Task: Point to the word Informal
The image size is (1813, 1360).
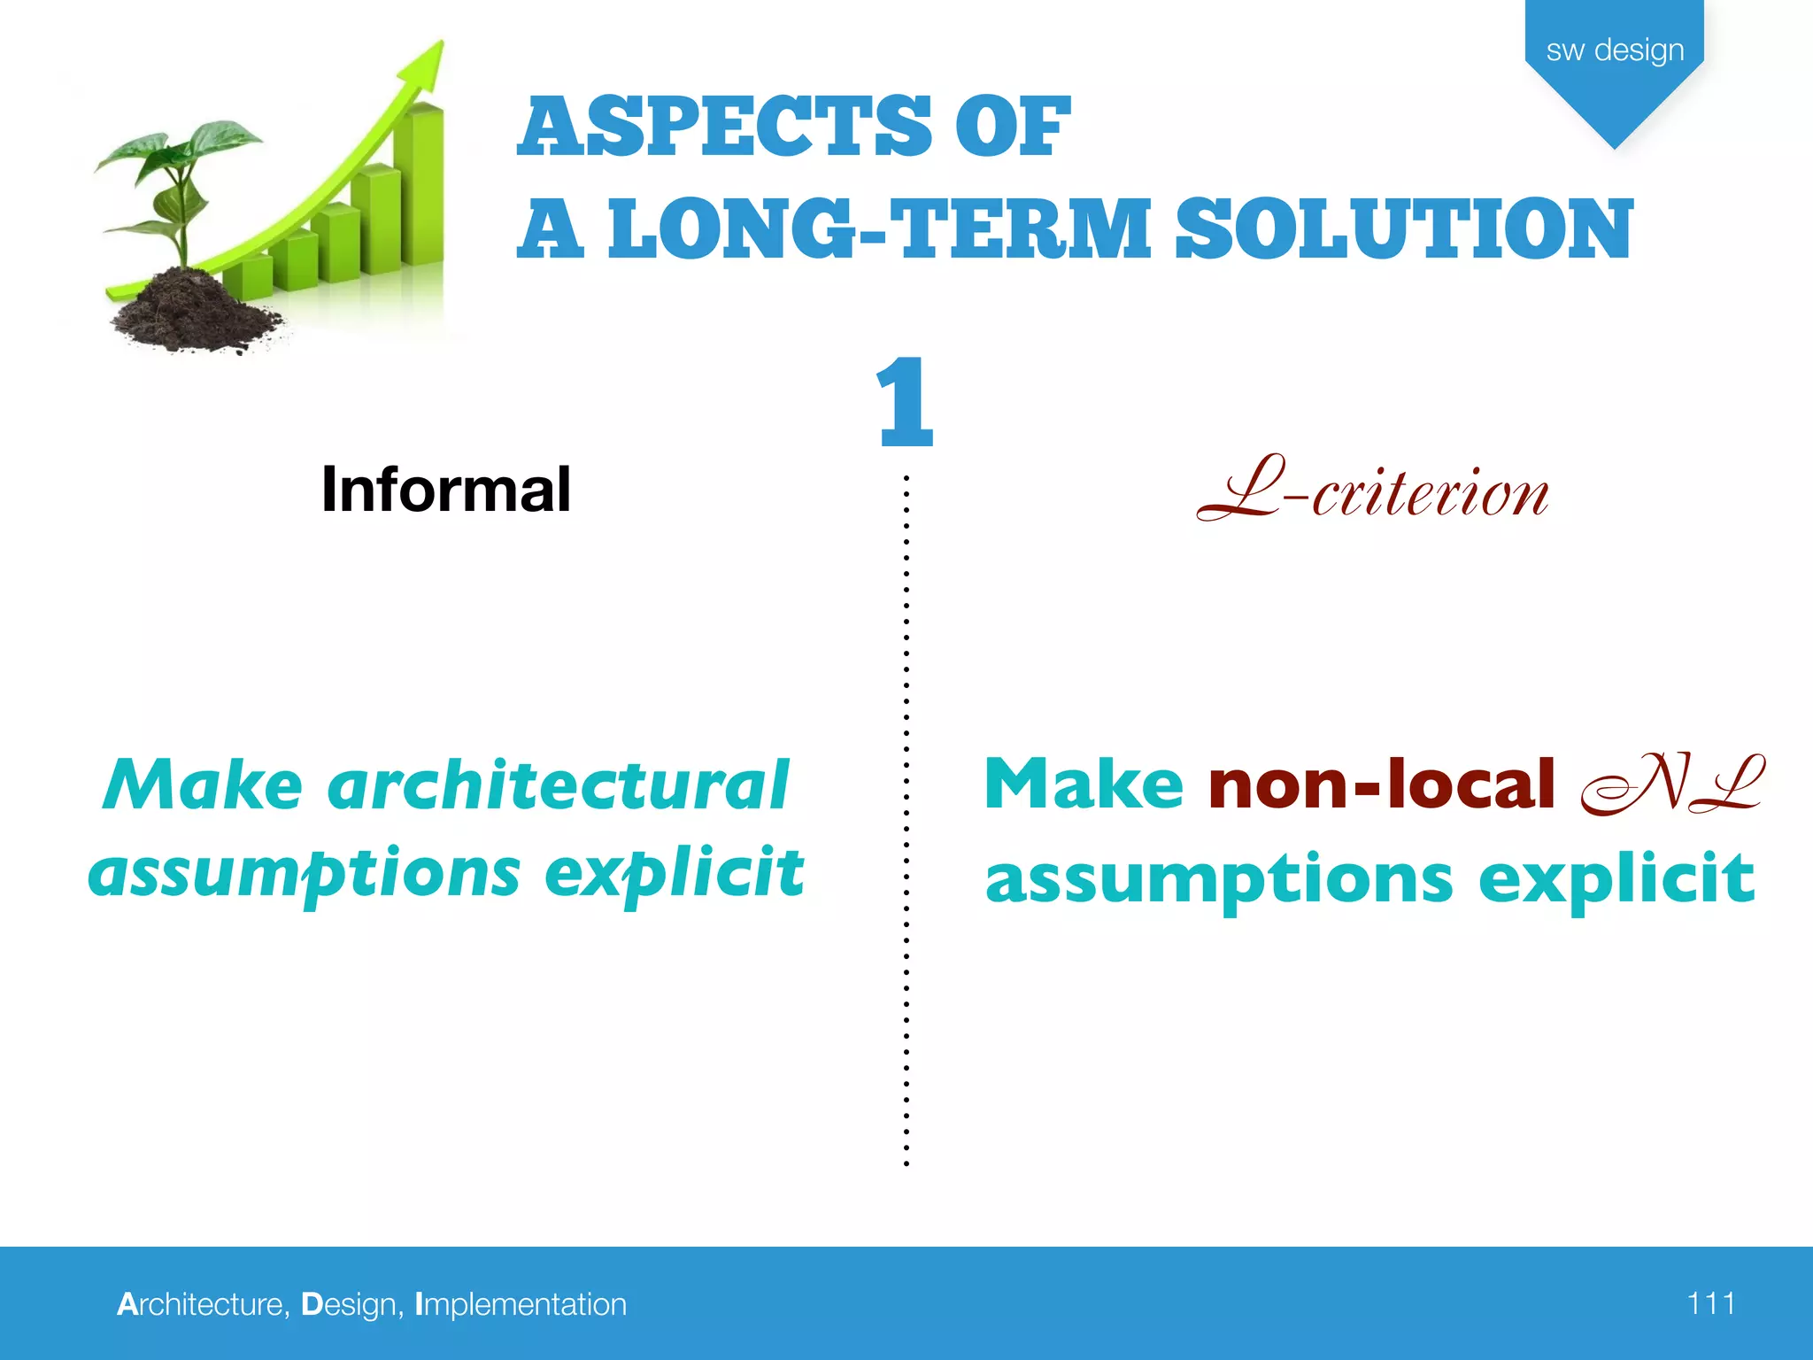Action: (445, 489)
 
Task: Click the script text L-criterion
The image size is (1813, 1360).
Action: (1372, 491)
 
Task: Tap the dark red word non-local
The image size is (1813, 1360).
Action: (1381, 784)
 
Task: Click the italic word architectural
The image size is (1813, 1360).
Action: (558, 784)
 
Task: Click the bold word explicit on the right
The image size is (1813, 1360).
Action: (1616, 878)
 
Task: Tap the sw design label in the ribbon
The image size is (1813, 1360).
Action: (1614, 50)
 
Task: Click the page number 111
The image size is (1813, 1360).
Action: (1710, 1303)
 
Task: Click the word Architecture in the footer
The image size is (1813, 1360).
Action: (202, 1304)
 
